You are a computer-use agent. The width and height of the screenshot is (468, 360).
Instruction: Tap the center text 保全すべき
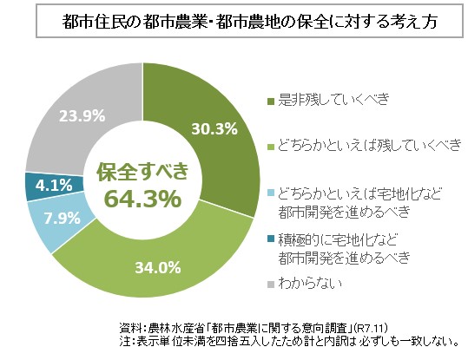(x=142, y=171)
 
